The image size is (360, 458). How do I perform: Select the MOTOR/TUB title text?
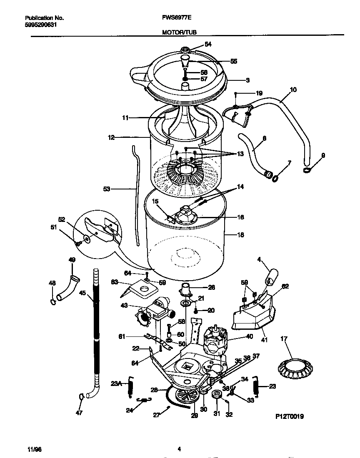[x=180, y=32]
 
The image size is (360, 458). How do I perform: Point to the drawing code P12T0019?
[x=290, y=416]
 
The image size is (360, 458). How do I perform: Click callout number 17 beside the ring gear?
[x=285, y=340]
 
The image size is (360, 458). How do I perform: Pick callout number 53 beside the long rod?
[x=107, y=189]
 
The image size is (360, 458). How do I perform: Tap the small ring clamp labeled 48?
[x=52, y=301]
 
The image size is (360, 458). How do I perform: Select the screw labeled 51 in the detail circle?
[x=78, y=243]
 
